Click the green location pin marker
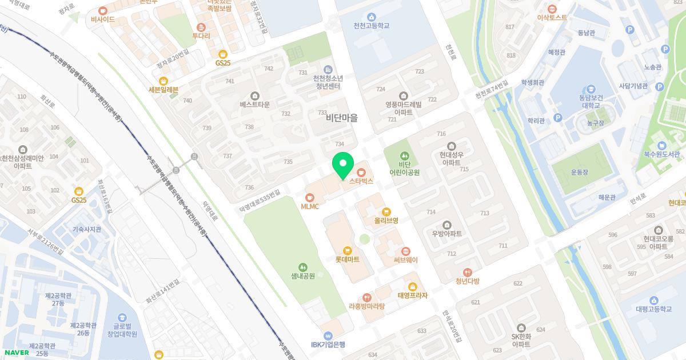click(343, 166)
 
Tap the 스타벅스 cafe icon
click(361, 171)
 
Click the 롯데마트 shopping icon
click(347, 250)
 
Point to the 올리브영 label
click(386, 220)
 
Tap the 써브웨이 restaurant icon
click(405, 251)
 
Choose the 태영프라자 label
click(412, 295)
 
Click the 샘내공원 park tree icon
click(302, 266)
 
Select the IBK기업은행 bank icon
click(328, 335)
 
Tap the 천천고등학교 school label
click(372, 26)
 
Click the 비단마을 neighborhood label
click(342, 118)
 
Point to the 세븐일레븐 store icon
click(163, 81)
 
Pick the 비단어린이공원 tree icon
click(405, 155)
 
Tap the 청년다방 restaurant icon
click(467, 272)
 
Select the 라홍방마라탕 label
click(366, 306)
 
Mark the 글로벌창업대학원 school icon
click(122, 318)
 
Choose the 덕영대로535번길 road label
click(261, 202)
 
